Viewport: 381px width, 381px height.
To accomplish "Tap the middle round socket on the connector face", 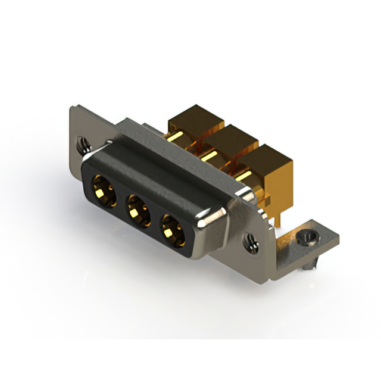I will [x=138, y=210].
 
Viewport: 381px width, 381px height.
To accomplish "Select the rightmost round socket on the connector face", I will [x=173, y=229].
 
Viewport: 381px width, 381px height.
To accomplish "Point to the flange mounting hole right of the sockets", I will [x=251, y=242].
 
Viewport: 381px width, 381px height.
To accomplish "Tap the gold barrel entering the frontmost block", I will [x=243, y=177].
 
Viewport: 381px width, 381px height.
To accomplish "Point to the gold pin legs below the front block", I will [x=275, y=221].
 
